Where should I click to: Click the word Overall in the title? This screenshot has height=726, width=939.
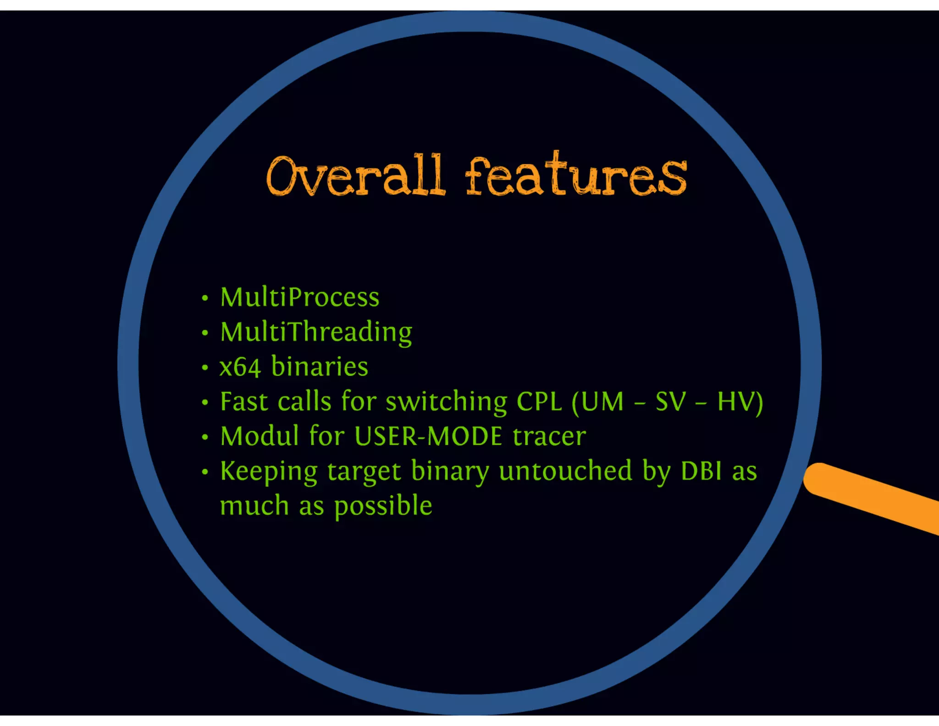[355, 177]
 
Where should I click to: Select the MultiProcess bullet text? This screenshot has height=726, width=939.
[299, 297]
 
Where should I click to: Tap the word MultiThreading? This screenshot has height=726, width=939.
[316, 332]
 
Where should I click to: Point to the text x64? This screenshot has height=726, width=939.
[240, 367]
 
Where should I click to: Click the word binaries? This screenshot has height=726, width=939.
[320, 367]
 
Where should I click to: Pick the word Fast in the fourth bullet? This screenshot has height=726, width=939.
[243, 402]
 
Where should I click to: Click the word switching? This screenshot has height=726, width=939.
[446, 402]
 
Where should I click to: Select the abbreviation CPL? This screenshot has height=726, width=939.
[539, 402]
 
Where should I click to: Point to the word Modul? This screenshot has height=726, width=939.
[260, 436]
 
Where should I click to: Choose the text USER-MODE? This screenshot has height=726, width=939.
[428, 436]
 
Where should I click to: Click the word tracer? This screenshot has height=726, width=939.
[549, 436]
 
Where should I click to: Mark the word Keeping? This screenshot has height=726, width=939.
[269, 472]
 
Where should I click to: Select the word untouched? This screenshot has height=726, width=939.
[565, 471]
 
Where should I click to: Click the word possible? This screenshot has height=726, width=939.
[383, 507]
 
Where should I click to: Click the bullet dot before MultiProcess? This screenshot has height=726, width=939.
[205, 298]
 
